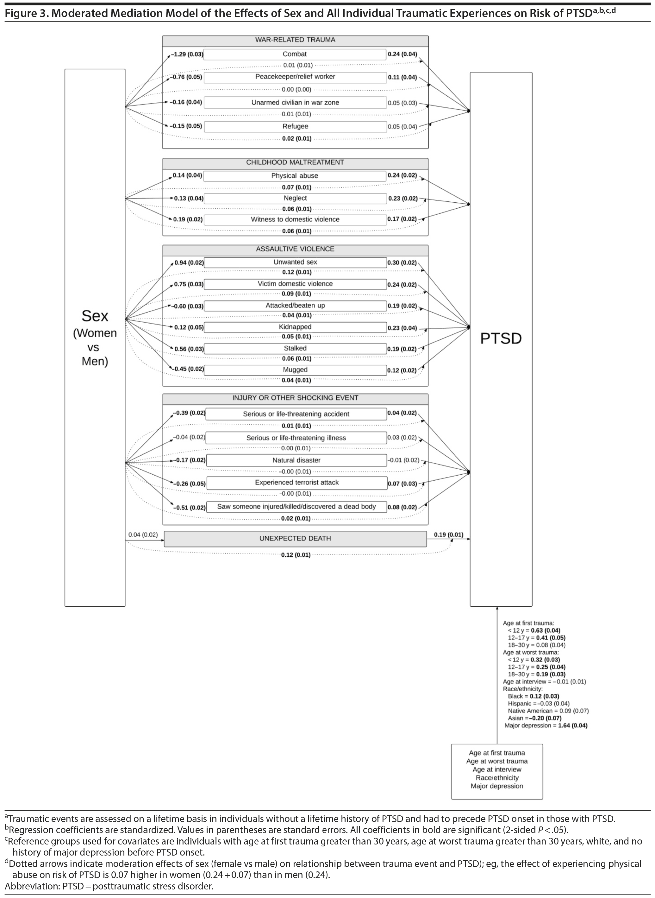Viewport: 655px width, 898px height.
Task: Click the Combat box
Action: point(295,54)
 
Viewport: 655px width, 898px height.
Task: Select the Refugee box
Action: point(296,127)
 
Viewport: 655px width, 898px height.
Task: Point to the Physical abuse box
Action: point(295,176)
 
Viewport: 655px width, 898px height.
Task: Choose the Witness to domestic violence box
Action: point(295,219)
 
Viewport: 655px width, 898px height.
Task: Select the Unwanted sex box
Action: point(295,262)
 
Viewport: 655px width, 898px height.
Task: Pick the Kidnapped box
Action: point(295,327)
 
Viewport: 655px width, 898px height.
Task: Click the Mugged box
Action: point(295,370)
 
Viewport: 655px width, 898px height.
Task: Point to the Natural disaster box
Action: point(296,460)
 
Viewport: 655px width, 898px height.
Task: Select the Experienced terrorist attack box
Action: point(296,483)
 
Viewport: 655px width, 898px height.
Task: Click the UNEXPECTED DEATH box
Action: point(295,539)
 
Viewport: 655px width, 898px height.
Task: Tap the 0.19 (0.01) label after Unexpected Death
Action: point(448,535)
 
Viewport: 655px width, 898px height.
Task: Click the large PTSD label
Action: point(501,338)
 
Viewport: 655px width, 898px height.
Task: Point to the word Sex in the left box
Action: point(95,316)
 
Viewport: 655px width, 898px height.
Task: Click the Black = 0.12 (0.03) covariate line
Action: point(533,696)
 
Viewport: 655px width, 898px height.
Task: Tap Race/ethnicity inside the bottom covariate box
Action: point(497,778)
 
